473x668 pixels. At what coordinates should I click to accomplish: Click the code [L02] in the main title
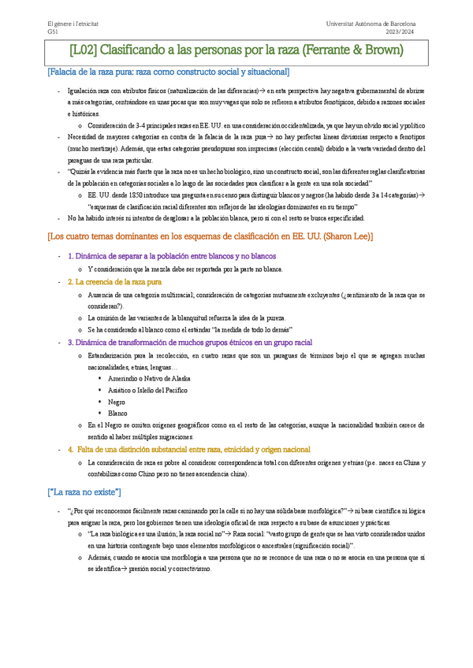tap(84, 51)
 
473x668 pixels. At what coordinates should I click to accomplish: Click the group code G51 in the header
tap(53, 32)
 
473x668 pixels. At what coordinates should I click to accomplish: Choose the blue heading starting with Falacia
tap(168, 72)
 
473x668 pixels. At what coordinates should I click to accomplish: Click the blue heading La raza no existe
tap(84, 492)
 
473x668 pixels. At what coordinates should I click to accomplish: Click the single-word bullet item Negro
tap(117, 401)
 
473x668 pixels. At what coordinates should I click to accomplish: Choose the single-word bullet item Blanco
tap(118, 413)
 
